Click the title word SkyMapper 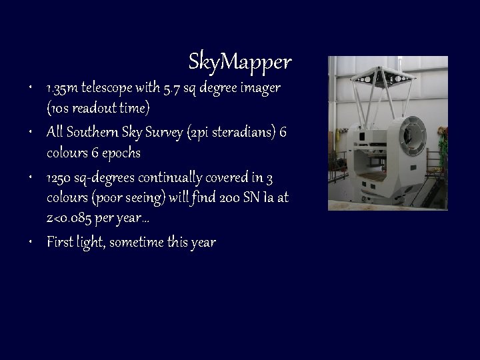pos(240,62)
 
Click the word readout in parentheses pos(93,109)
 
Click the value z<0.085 pos(71,220)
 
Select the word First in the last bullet pos(59,242)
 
